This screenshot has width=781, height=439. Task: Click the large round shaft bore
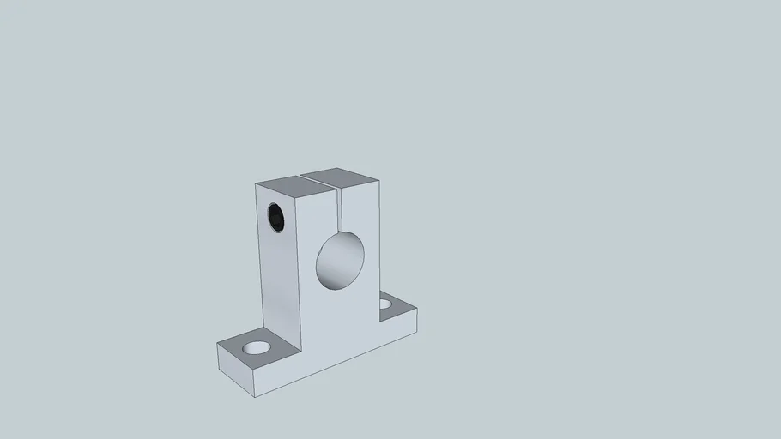341,261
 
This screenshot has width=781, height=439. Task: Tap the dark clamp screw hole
276,217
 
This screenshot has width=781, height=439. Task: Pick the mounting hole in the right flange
385,304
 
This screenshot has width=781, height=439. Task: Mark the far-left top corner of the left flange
218,344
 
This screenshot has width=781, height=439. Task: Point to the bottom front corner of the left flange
261,396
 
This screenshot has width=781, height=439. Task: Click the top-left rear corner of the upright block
256,184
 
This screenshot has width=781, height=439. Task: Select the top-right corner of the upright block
380,179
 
